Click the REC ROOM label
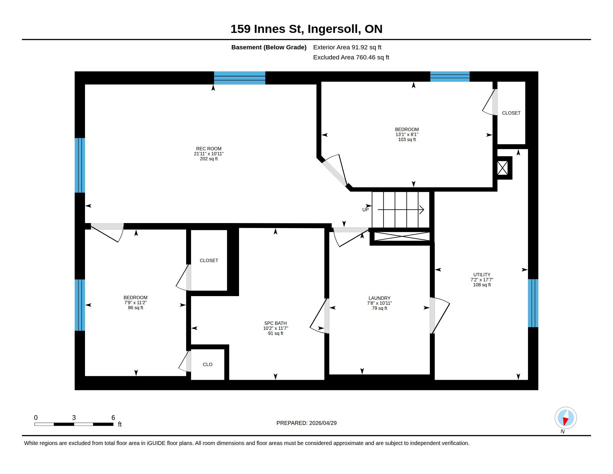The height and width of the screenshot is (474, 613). pyautogui.click(x=208, y=149)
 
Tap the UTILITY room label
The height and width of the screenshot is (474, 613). pyautogui.click(x=482, y=275)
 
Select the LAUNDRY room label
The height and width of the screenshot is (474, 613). pyautogui.click(x=379, y=298)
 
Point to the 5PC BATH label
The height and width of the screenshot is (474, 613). pyautogui.click(x=275, y=323)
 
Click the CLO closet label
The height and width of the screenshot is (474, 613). pyautogui.click(x=207, y=364)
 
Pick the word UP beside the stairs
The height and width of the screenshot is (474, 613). pyautogui.click(x=365, y=210)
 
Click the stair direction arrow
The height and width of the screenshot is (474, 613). pyautogui.click(x=401, y=209)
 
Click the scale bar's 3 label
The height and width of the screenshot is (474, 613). pyautogui.click(x=74, y=418)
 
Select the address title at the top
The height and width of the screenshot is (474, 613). pyautogui.click(x=306, y=29)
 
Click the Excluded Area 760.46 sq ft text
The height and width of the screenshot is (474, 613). pyautogui.click(x=351, y=57)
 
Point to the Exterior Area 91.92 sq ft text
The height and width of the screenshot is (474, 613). pyautogui.click(x=347, y=47)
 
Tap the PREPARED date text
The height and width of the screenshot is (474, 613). pyautogui.click(x=306, y=423)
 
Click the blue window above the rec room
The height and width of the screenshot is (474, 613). pyautogui.click(x=239, y=78)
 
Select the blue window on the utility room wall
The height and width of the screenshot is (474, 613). pyautogui.click(x=533, y=303)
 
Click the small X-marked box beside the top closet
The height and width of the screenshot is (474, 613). pyautogui.click(x=502, y=168)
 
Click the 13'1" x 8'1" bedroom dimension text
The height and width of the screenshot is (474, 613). pyautogui.click(x=407, y=134)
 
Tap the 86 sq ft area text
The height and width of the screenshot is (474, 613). pyautogui.click(x=135, y=308)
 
